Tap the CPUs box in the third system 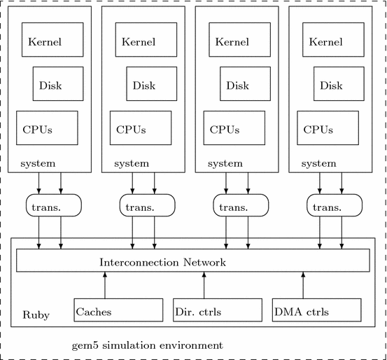pyautogui.click(x=234, y=129)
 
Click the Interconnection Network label pyautogui.click(x=163, y=262)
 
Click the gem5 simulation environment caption pyautogui.click(x=148, y=345)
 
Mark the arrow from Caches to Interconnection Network pyautogui.click(x=105, y=285)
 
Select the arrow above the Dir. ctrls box pyautogui.click(x=204, y=285)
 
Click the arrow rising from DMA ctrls pyautogui.click(x=304, y=285)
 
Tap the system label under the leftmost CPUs pyautogui.click(x=38, y=163)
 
